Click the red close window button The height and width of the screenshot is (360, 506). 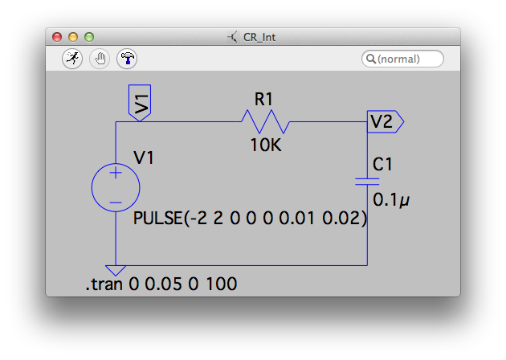[57, 37]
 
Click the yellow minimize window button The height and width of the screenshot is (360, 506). [73, 37]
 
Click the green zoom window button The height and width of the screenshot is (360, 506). [89, 37]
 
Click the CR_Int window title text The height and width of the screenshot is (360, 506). [259, 37]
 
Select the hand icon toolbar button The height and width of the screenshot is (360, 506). [100, 59]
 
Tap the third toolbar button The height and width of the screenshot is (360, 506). [127, 59]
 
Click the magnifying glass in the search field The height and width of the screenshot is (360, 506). [370, 59]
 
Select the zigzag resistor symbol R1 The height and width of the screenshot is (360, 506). [264, 122]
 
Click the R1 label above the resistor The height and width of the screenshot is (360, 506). [264, 100]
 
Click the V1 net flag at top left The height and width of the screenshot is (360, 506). [140, 103]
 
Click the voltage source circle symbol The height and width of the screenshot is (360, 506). [116, 188]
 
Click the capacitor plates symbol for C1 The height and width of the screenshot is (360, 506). [367, 182]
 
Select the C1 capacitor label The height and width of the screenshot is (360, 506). [383, 165]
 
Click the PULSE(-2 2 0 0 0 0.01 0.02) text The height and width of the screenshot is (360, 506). [250, 219]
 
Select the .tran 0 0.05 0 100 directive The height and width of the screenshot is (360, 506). [161, 284]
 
